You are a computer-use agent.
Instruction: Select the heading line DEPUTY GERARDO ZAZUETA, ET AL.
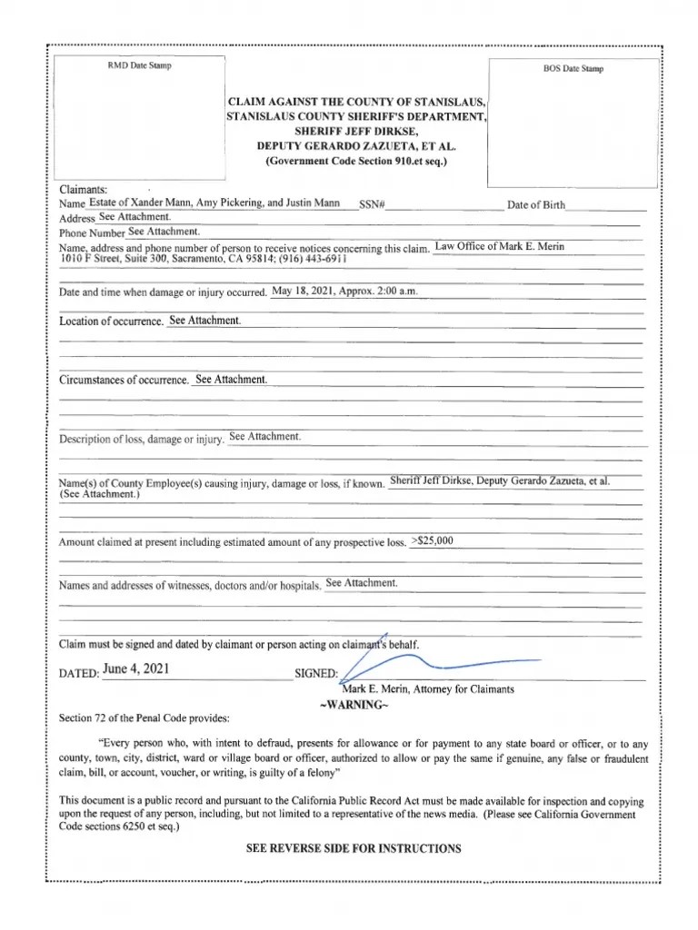[356, 145]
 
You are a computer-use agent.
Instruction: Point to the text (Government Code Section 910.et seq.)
[356, 161]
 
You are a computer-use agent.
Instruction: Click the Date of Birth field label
[536, 206]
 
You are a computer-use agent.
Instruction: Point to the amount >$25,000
[433, 541]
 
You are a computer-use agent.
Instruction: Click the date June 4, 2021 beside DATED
[135, 669]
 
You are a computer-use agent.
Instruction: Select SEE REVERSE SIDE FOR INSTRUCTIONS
[354, 848]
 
